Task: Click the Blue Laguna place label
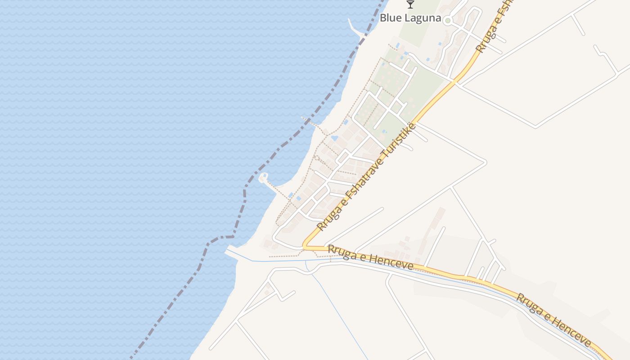coord(410,18)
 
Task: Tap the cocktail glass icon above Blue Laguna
coord(410,4)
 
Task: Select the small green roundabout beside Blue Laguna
coord(447,20)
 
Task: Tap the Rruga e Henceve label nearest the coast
coord(370,257)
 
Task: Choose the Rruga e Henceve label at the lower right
coord(553,320)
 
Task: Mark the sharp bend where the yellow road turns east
coord(305,247)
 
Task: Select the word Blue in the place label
coord(390,18)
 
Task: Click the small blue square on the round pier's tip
coord(264,176)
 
